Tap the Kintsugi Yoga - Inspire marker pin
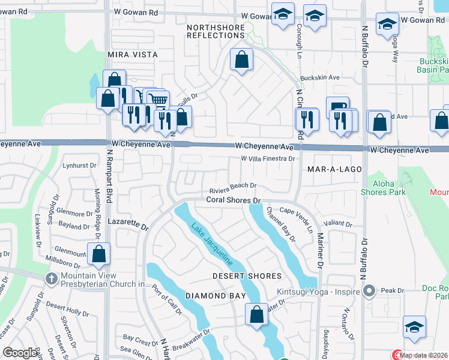point(369,292)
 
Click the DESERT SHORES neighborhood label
point(247,276)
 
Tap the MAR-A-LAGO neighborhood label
point(334,169)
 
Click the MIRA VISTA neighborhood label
point(132,55)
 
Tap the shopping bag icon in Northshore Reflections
point(241,59)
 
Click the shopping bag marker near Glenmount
point(98,254)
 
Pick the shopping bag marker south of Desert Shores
point(256,314)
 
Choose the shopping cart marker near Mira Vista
point(157,100)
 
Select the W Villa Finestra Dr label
point(268,159)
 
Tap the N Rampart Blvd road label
point(109,189)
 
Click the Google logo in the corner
point(20,353)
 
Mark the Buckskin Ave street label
point(319,78)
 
